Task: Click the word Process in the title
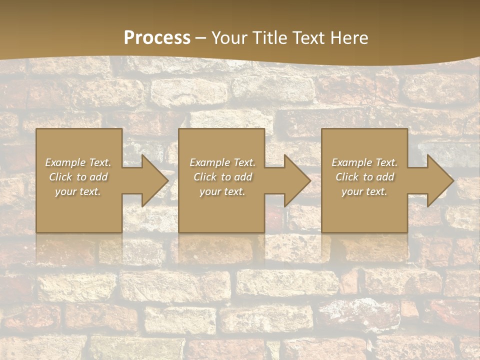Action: [157, 38]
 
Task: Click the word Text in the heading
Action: [308, 38]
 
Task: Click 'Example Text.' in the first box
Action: [78, 162]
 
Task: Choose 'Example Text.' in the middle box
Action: [222, 162]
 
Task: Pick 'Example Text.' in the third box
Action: [364, 162]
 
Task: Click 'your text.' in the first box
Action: [78, 191]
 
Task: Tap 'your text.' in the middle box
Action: [222, 191]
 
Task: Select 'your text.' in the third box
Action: [364, 191]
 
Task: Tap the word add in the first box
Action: [99, 177]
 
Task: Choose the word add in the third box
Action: [385, 177]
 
